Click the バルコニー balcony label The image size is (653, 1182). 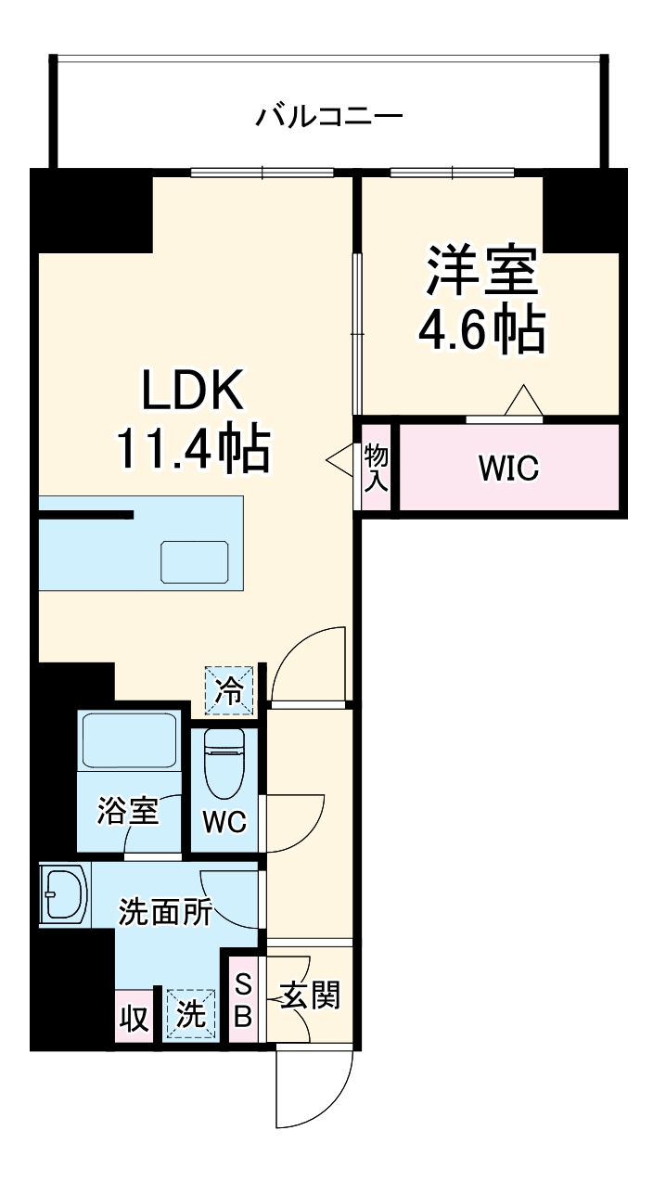point(329,118)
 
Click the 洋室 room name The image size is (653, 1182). point(481,270)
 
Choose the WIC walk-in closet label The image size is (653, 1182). point(507,469)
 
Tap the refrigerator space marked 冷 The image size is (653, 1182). point(228,691)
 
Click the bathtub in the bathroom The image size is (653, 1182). point(128,740)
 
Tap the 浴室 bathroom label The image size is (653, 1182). point(128,812)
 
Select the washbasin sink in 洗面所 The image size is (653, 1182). point(65,893)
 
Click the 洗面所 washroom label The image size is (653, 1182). point(165,913)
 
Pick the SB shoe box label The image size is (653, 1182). point(241,1000)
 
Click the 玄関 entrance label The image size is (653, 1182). point(311,996)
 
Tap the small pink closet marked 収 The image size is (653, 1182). point(134,1018)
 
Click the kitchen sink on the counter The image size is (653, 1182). point(192,560)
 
